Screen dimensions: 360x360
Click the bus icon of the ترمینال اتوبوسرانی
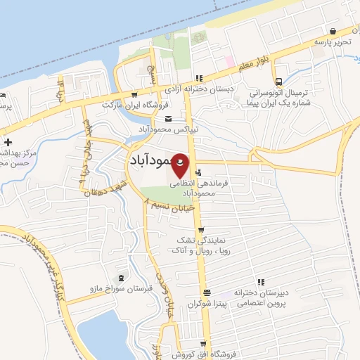pos(280,82)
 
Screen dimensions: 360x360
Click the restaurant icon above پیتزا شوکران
pos(207,292)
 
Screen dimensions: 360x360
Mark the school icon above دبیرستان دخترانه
pos(261,281)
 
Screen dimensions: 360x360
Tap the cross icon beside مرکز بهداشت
pos(7,143)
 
